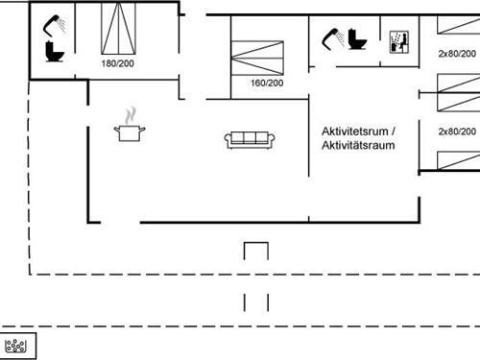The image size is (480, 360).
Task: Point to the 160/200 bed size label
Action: point(266,84)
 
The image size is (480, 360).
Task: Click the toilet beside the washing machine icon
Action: point(358,40)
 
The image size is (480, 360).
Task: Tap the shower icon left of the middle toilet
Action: point(334,36)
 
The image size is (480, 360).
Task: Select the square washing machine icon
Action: point(397,41)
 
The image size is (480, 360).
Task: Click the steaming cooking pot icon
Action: point(130,132)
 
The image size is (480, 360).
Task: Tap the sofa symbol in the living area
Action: point(250,139)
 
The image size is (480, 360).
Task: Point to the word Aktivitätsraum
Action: point(359,145)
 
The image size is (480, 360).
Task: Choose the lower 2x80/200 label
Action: point(457,131)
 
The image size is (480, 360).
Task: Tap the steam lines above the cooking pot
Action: point(130,115)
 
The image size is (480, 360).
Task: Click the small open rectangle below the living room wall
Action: point(255,251)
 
